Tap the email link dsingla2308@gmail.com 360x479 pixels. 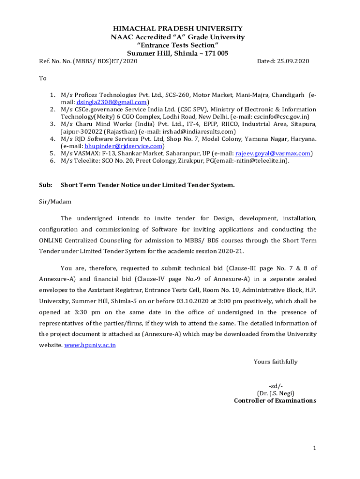(x=112, y=102)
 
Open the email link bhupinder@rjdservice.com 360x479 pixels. (x=124, y=145)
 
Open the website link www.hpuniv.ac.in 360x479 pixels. (x=90, y=345)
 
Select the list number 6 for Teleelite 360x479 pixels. (x=53, y=160)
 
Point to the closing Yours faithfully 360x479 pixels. (x=275, y=362)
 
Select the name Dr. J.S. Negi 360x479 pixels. (x=275, y=393)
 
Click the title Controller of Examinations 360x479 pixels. (x=275, y=400)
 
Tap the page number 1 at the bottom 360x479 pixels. (x=315, y=448)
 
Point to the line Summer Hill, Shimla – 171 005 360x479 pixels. (x=178, y=53)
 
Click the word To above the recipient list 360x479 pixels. (x=43, y=78)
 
